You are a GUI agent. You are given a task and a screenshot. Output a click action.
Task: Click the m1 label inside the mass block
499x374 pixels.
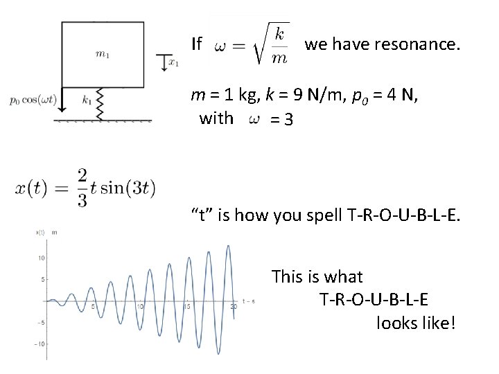tap(103, 55)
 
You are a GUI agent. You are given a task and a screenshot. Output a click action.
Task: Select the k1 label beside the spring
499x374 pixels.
tap(87, 100)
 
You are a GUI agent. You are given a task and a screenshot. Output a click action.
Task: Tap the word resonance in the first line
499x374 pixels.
tap(414, 45)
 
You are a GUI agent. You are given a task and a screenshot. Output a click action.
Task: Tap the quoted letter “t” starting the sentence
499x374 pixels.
tap(202, 215)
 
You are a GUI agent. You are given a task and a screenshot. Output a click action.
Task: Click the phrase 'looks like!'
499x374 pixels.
tap(416, 323)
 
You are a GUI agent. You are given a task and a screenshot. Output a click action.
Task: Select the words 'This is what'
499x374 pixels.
tap(317, 277)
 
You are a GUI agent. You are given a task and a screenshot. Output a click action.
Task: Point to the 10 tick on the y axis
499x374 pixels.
tap(41, 258)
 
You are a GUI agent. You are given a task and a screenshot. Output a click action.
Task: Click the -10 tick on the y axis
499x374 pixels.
tap(40, 344)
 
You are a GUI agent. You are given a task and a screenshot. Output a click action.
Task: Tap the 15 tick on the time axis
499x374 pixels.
tap(187, 306)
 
